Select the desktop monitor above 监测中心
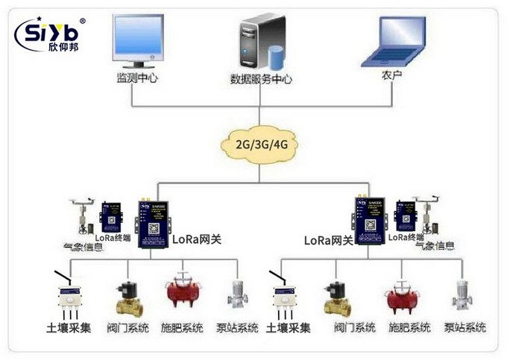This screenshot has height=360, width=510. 138,41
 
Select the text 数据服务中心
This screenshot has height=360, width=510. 260,79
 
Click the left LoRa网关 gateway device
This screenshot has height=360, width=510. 154,221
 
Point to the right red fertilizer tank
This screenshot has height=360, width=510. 405,296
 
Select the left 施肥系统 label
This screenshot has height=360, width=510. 182,328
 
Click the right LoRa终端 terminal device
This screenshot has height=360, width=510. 406,216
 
